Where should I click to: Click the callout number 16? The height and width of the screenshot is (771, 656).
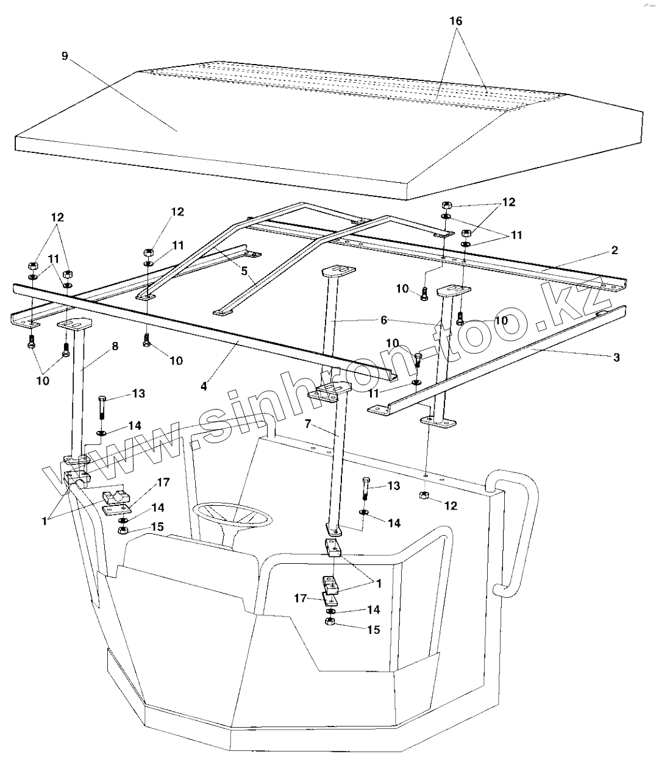[x=455, y=21]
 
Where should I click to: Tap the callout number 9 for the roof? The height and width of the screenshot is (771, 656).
[x=65, y=56]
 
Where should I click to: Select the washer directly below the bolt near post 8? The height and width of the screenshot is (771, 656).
[x=101, y=433]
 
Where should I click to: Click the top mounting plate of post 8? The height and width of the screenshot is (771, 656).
[x=74, y=324]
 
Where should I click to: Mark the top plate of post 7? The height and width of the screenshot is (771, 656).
[x=330, y=393]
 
